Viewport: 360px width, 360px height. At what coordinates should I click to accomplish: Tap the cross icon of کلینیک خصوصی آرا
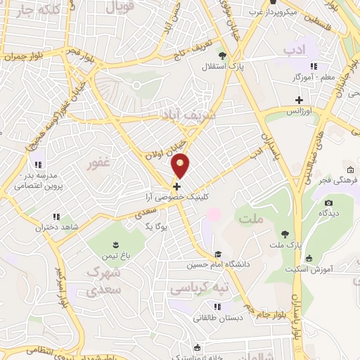tap(176, 186)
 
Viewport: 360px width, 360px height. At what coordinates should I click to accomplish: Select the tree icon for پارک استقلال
tap(222, 56)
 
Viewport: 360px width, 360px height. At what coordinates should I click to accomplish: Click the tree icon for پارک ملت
tap(285, 233)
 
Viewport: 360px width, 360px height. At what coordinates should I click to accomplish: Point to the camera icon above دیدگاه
tap(328, 204)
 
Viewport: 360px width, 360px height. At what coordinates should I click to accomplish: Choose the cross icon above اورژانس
tap(299, 100)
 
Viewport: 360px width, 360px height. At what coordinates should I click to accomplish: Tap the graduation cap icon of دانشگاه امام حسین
tap(218, 255)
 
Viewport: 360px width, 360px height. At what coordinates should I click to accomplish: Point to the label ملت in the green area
tap(250, 220)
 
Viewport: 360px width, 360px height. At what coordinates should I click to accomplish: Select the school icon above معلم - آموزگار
tap(314, 66)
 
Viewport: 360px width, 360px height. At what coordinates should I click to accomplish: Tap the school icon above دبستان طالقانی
tap(218, 306)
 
